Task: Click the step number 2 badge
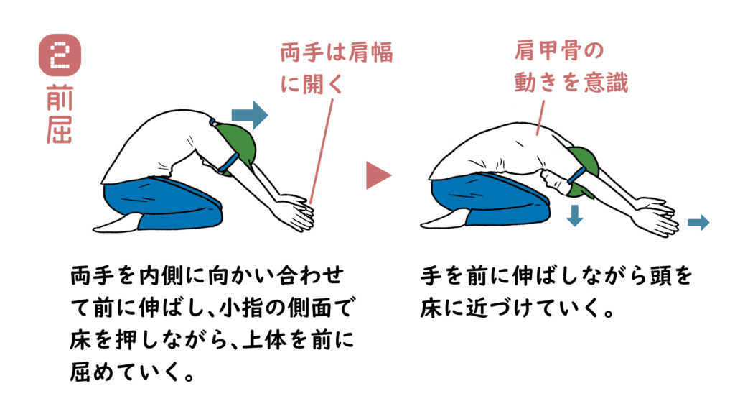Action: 60,55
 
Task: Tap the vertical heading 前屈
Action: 60,114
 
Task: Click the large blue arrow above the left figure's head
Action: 250,115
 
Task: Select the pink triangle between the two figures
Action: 378,175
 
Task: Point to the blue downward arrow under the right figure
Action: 575,216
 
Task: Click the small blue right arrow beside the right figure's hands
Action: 698,223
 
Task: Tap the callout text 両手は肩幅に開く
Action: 337,68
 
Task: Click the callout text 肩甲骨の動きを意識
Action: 571,67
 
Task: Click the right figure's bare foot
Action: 445,221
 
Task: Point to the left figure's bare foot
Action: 117,223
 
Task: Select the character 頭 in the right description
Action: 661,276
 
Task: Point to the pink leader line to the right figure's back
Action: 541,118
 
